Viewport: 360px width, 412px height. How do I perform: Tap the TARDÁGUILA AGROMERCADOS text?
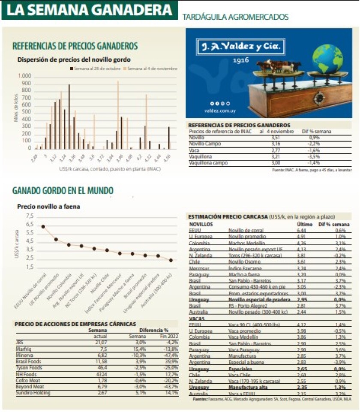pyautogui.click(x=235, y=17)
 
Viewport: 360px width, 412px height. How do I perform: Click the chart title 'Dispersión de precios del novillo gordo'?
pyautogui.click(x=74, y=60)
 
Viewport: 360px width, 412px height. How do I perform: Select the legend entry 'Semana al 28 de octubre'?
pyautogui.click(x=95, y=68)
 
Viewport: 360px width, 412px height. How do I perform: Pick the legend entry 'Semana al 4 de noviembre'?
pyautogui.click(x=151, y=68)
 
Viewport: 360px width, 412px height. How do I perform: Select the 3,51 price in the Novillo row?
pyautogui.click(x=276, y=138)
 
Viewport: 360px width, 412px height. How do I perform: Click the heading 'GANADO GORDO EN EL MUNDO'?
pyautogui.click(x=63, y=190)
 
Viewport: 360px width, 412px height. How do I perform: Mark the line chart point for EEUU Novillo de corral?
pyautogui.click(x=43, y=226)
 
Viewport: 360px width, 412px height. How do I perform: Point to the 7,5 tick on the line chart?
pyautogui.click(x=29, y=216)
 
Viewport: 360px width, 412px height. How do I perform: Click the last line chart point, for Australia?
pyautogui.click(x=171, y=260)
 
